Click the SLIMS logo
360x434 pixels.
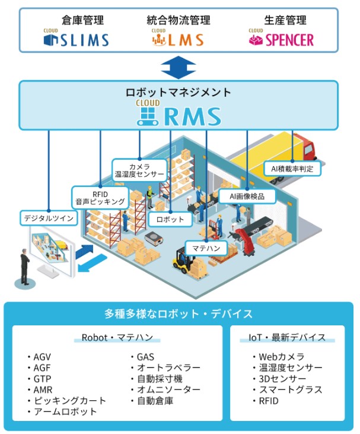[77, 39]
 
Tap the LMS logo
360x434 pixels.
[177, 39]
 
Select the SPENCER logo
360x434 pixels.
[281, 39]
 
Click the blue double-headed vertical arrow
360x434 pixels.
[179, 67]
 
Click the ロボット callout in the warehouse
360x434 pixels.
[170, 219]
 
